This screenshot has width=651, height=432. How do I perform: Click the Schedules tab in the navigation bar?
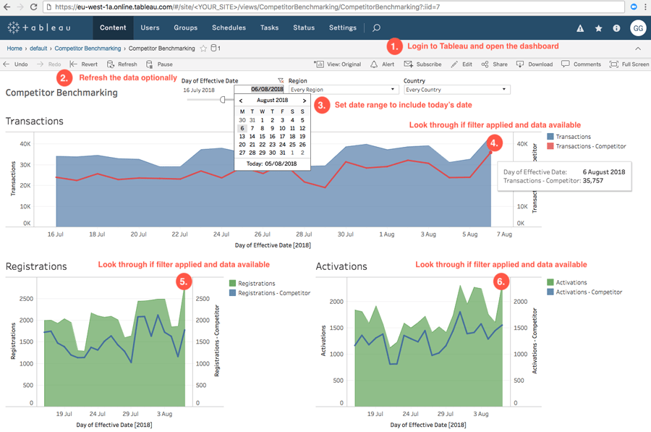coord(229,27)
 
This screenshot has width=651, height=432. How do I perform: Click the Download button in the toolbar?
coord(535,64)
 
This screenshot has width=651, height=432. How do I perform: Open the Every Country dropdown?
coord(457,90)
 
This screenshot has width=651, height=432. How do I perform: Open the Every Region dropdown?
coord(343,90)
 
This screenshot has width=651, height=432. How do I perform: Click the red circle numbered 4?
coord(494,143)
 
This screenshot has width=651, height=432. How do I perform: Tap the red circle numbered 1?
coord(394,46)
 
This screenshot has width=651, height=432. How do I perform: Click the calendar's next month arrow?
coord(305,101)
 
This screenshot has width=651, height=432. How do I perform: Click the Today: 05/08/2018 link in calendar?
coord(272,164)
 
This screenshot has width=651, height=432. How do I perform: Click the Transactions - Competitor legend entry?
coord(590,146)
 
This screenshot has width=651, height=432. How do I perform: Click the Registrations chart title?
coord(36,266)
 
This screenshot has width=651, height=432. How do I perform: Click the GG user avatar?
coord(637,28)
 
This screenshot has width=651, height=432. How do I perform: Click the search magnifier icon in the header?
coord(376,28)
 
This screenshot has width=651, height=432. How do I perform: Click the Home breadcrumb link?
coord(14,48)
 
